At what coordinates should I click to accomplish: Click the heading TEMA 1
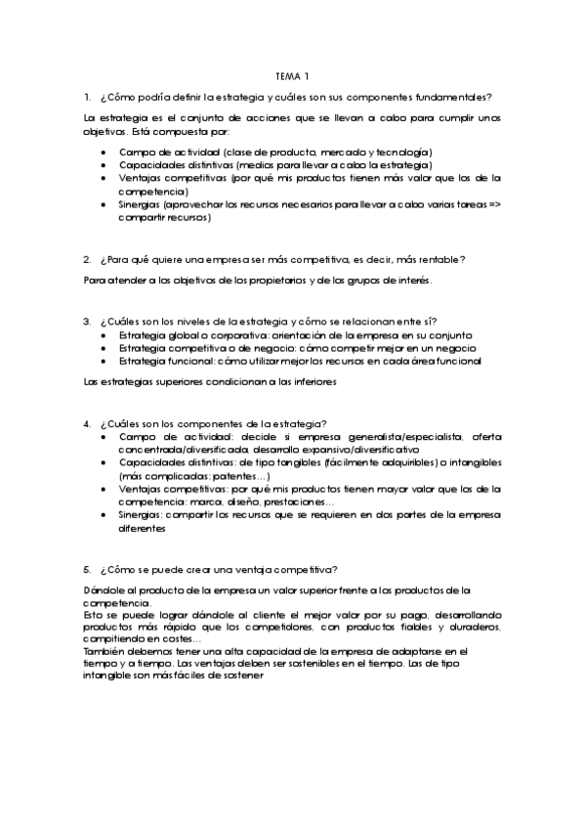click(292, 76)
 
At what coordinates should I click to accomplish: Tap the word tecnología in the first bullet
click(403, 152)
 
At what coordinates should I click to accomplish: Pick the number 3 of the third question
click(87, 322)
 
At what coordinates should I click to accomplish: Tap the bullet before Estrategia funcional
click(105, 361)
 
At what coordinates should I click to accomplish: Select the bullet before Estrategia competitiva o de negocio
click(105, 348)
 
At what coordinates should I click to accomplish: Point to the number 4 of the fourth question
click(87, 423)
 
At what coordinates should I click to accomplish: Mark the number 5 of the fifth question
click(87, 569)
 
